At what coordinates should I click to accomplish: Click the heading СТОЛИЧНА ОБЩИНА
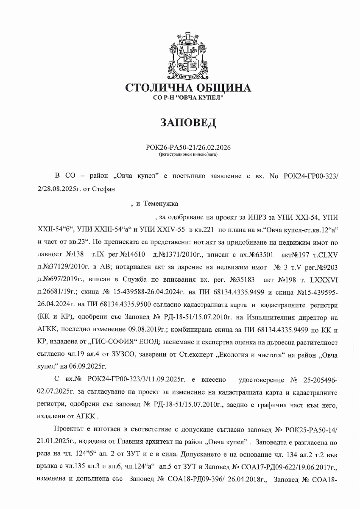pyautogui.click(x=188, y=88)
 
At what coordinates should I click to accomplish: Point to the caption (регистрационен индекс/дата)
pyautogui.click(x=188, y=155)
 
